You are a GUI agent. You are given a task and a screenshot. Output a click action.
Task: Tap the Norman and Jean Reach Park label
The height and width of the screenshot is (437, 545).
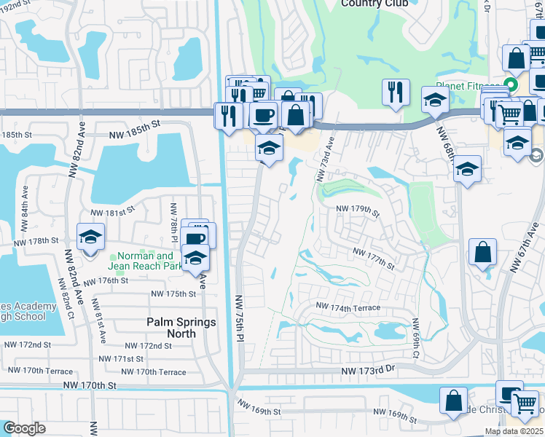[x=146, y=261]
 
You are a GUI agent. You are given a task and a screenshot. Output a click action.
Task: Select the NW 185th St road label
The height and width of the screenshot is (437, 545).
[x=134, y=135]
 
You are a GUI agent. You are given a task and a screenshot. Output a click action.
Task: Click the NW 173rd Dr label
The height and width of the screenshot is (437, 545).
[x=368, y=371]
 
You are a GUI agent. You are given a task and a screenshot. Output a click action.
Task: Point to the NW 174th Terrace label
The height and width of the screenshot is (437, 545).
[x=348, y=308]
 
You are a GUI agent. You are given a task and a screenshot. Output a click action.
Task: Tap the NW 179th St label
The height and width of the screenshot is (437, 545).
[x=358, y=210]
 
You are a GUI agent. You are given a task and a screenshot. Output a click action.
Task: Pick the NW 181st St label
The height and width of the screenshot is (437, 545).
[x=112, y=212]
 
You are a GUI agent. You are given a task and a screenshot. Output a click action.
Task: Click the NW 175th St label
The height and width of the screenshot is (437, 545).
[x=173, y=294]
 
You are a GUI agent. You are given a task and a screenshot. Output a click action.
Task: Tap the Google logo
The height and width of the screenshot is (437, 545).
[x=24, y=428]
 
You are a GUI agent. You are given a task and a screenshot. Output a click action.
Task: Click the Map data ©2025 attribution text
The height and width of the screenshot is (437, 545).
[x=514, y=431]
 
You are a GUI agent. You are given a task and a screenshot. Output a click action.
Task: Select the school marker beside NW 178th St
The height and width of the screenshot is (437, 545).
[x=91, y=237]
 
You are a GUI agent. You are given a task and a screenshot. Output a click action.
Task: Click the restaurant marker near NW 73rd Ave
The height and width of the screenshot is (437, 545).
[x=394, y=92]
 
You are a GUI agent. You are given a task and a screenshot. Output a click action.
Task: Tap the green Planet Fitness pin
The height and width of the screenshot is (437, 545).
[x=511, y=85]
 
